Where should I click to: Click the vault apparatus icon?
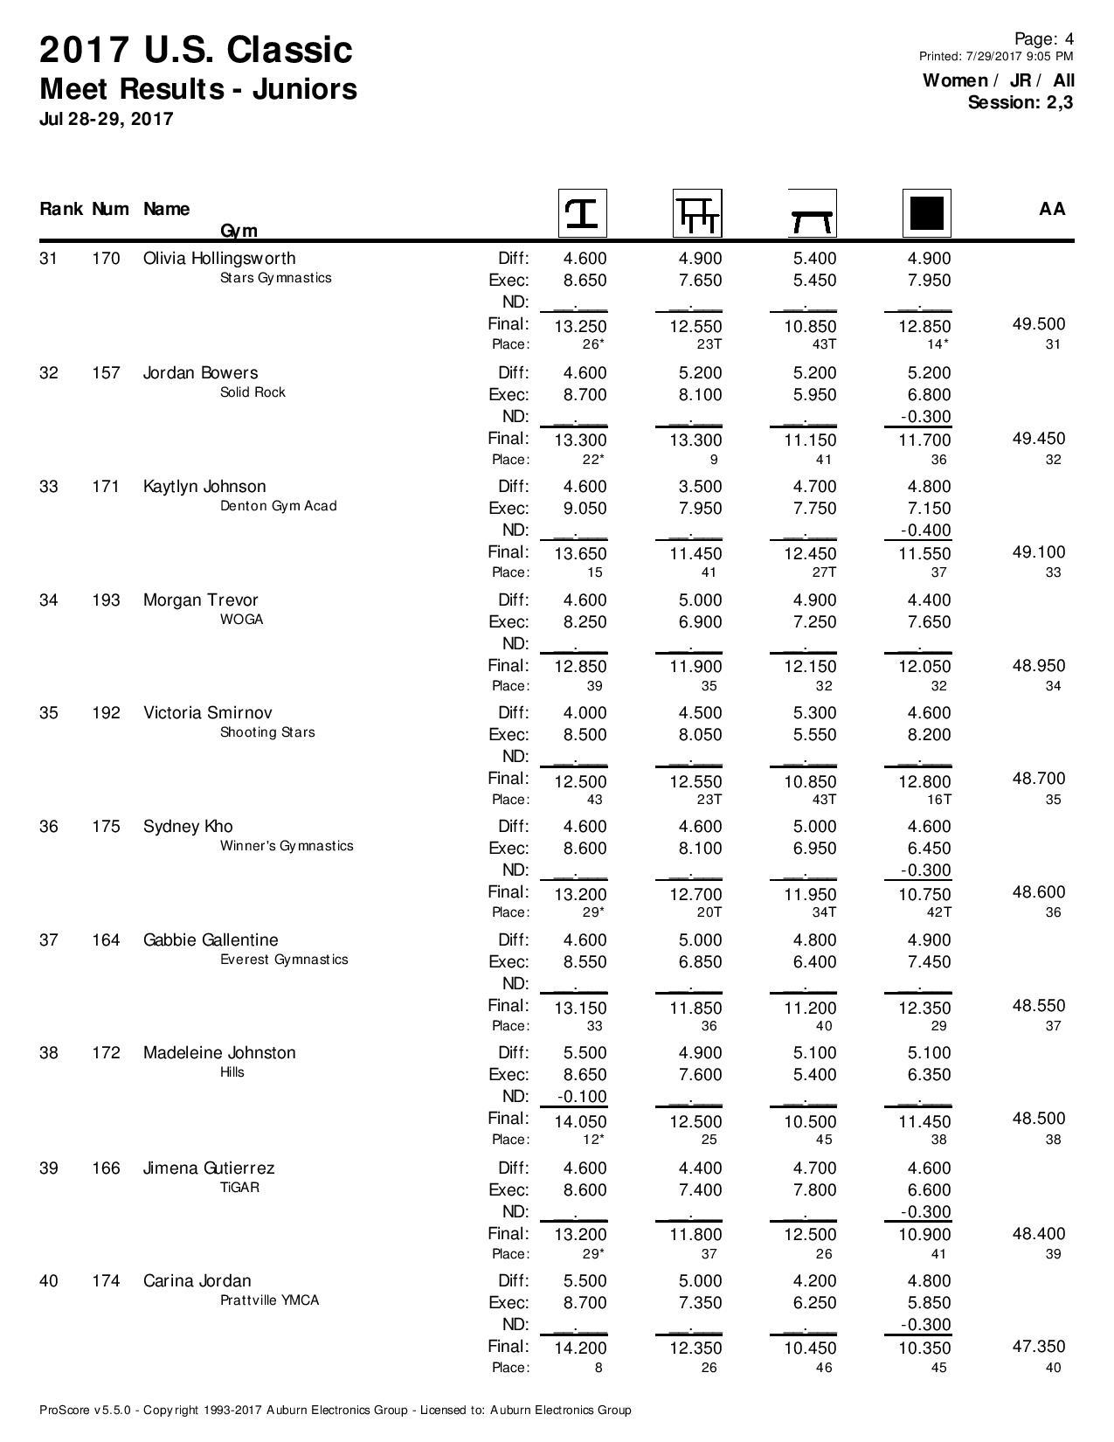coord(583,213)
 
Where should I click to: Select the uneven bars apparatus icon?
coord(697,213)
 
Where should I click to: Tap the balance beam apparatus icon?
coord(812,213)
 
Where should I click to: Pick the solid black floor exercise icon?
coord(926,213)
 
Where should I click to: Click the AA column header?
coord(1052,209)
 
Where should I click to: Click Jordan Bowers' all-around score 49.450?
coord(1038,439)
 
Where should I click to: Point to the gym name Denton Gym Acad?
coord(278,506)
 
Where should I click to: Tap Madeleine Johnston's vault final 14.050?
coord(580,1121)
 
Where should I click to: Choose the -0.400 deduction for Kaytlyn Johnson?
coord(925,530)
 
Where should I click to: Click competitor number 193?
coord(106,600)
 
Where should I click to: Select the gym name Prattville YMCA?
coord(269,1300)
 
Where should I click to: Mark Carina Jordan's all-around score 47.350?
coord(1038,1347)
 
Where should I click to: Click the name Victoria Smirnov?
coord(207,713)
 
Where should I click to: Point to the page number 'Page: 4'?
coord(1043,38)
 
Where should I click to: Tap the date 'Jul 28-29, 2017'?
coord(106,119)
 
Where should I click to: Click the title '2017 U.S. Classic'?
coord(196,51)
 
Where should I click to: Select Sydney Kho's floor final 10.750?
coord(924,895)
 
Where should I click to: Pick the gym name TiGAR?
coord(239,1188)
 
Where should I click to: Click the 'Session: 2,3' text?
coord(1020,102)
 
